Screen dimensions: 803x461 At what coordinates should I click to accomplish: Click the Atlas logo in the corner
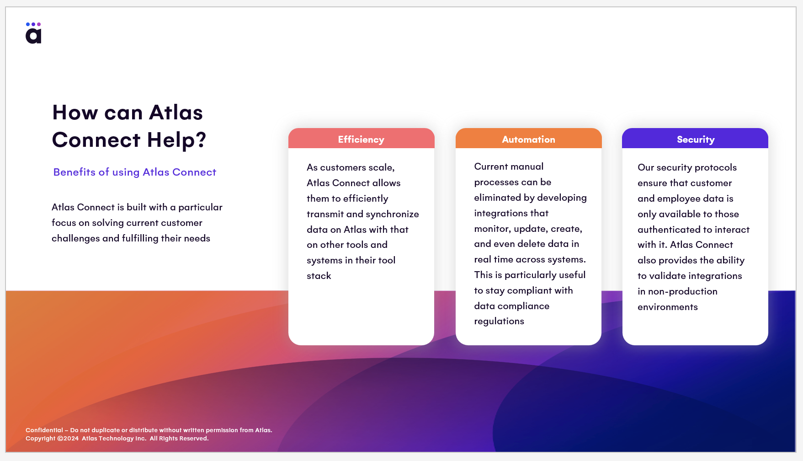tap(33, 33)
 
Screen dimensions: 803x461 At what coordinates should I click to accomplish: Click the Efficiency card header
tap(361, 139)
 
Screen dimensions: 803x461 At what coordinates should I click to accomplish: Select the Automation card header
tap(528, 139)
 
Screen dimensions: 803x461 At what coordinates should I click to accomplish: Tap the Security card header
tap(695, 139)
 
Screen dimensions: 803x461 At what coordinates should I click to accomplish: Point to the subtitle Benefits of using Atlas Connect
tap(135, 172)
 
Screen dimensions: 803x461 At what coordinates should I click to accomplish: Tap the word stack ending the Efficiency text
tap(319, 276)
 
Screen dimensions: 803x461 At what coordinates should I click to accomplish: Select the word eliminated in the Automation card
tap(497, 198)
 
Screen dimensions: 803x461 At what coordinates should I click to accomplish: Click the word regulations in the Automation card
tap(499, 322)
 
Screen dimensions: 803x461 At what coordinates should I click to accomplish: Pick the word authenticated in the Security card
tap(669, 230)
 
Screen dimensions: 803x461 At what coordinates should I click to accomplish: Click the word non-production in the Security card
tap(683, 292)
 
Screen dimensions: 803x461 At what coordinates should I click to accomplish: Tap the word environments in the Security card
tap(668, 307)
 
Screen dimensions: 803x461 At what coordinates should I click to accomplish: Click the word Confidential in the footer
tap(44, 430)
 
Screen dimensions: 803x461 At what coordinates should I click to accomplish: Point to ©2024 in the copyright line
tap(68, 439)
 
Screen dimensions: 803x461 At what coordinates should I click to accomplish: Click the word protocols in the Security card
tap(716, 167)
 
